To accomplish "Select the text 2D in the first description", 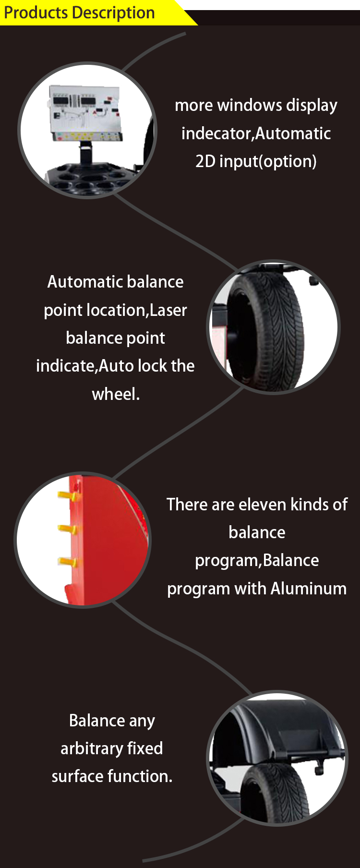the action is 205,161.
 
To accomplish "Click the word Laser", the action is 168,310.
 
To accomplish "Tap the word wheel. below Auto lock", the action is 116,394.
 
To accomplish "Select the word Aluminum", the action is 308,589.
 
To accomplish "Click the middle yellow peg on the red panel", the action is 67,529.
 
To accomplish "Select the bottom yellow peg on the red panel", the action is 67,562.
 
